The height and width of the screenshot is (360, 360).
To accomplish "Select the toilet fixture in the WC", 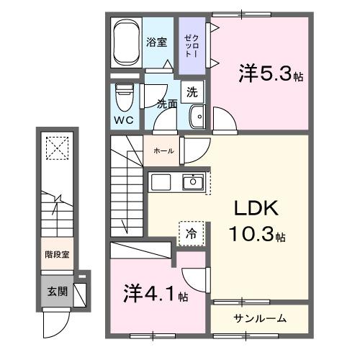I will [x=125, y=94].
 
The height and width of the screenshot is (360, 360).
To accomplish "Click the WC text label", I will [x=123, y=120].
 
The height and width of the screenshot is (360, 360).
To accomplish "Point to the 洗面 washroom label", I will [x=167, y=104].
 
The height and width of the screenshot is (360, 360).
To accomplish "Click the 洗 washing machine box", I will [x=192, y=91].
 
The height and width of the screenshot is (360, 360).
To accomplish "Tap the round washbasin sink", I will [x=197, y=115].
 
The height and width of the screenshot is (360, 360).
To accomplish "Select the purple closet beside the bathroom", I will [x=190, y=45].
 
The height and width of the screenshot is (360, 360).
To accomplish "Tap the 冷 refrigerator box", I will [x=191, y=233].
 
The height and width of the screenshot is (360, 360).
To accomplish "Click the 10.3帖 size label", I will [x=258, y=234].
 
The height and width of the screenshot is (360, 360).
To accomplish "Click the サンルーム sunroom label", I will [x=260, y=318].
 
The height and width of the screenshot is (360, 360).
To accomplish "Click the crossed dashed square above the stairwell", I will [x=55, y=148].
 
